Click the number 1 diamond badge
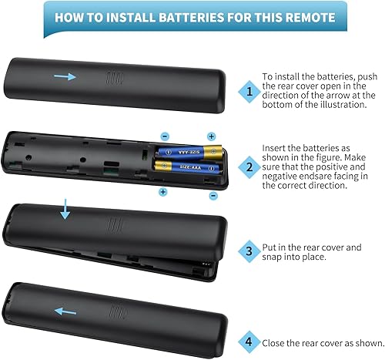tap(248, 90)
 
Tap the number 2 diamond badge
tap(248, 166)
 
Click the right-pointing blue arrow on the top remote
tap(66, 77)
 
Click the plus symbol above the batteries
tap(212, 136)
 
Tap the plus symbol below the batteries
tap(162, 190)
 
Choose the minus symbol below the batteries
tap(213, 196)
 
